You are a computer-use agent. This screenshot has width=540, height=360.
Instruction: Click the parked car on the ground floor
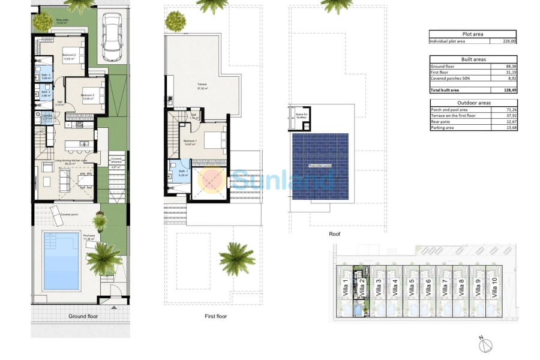tap(112, 37)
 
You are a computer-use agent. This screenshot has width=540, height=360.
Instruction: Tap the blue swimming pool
tap(61, 253)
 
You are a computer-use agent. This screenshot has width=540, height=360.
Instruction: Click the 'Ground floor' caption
tap(83, 316)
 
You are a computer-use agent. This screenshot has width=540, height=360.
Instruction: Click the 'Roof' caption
tap(334, 234)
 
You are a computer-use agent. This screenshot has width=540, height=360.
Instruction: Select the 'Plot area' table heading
tap(472, 34)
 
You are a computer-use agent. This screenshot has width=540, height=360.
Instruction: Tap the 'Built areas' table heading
tap(472, 59)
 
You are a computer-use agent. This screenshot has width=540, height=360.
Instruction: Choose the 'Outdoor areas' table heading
tap(472, 103)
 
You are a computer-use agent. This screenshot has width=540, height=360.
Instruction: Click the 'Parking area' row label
tap(442, 128)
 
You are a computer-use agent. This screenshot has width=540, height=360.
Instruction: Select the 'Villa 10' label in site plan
tap(494, 289)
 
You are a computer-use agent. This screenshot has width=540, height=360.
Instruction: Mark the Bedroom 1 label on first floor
tap(190, 142)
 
